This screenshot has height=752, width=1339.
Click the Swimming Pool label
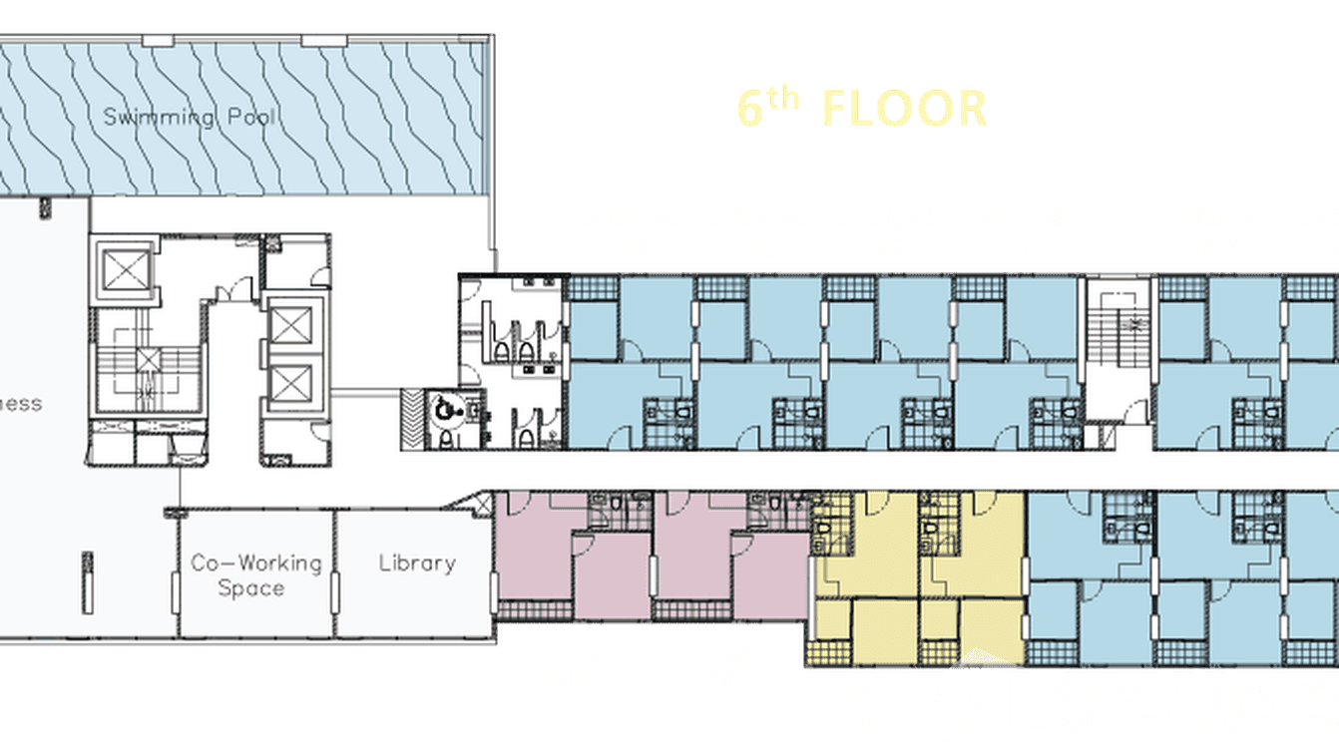(x=190, y=118)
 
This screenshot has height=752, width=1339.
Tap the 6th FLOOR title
(x=861, y=108)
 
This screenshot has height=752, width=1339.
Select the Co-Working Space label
(x=256, y=575)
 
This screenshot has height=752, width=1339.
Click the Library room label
(x=416, y=563)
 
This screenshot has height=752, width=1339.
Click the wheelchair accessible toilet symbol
(x=442, y=408)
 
